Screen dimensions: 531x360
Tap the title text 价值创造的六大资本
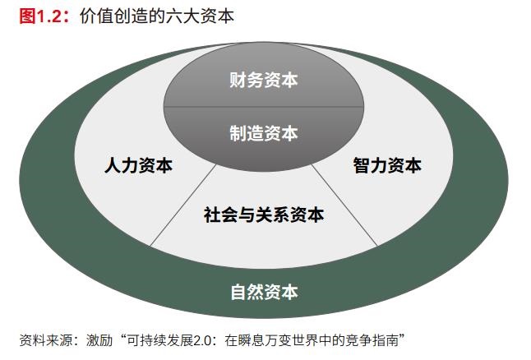point(157,16)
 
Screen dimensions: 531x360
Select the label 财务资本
point(264,81)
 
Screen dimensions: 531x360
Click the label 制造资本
point(264,133)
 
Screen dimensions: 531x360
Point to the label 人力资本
point(139,165)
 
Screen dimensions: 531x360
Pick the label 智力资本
point(387,165)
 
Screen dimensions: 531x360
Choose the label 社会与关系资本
point(264,215)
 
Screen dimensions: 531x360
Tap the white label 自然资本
point(264,292)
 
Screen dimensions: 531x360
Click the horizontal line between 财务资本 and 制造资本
point(264,107)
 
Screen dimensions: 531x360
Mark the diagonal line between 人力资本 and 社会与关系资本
point(183,205)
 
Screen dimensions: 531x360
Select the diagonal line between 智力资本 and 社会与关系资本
point(344,205)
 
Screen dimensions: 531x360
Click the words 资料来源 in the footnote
point(46,339)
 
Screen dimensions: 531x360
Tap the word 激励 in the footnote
point(99,339)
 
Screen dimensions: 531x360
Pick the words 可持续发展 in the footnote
point(160,339)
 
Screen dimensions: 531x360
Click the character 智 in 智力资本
point(362,165)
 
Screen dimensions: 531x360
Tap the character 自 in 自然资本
point(238,292)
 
